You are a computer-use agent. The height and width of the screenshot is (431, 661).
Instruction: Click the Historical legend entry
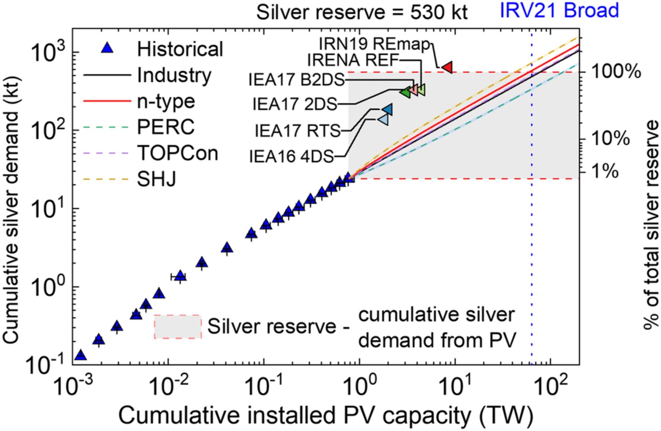[x=180, y=49]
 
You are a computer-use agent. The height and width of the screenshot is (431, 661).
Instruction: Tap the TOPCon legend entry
[x=177, y=153]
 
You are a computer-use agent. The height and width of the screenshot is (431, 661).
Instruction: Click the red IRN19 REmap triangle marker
[x=447, y=67]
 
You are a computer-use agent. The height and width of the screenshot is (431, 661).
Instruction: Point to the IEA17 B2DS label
[x=296, y=80]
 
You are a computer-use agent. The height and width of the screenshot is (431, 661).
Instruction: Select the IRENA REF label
[x=353, y=60]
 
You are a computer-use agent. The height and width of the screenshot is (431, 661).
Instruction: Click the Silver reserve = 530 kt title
[x=362, y=12]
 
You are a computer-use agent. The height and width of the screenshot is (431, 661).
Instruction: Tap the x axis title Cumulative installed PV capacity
[x=326, y=416]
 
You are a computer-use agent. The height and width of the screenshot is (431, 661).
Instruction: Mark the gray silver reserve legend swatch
[x=177, y=326]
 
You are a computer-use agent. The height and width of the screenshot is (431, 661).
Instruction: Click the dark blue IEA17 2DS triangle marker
[x=387, y=109]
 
